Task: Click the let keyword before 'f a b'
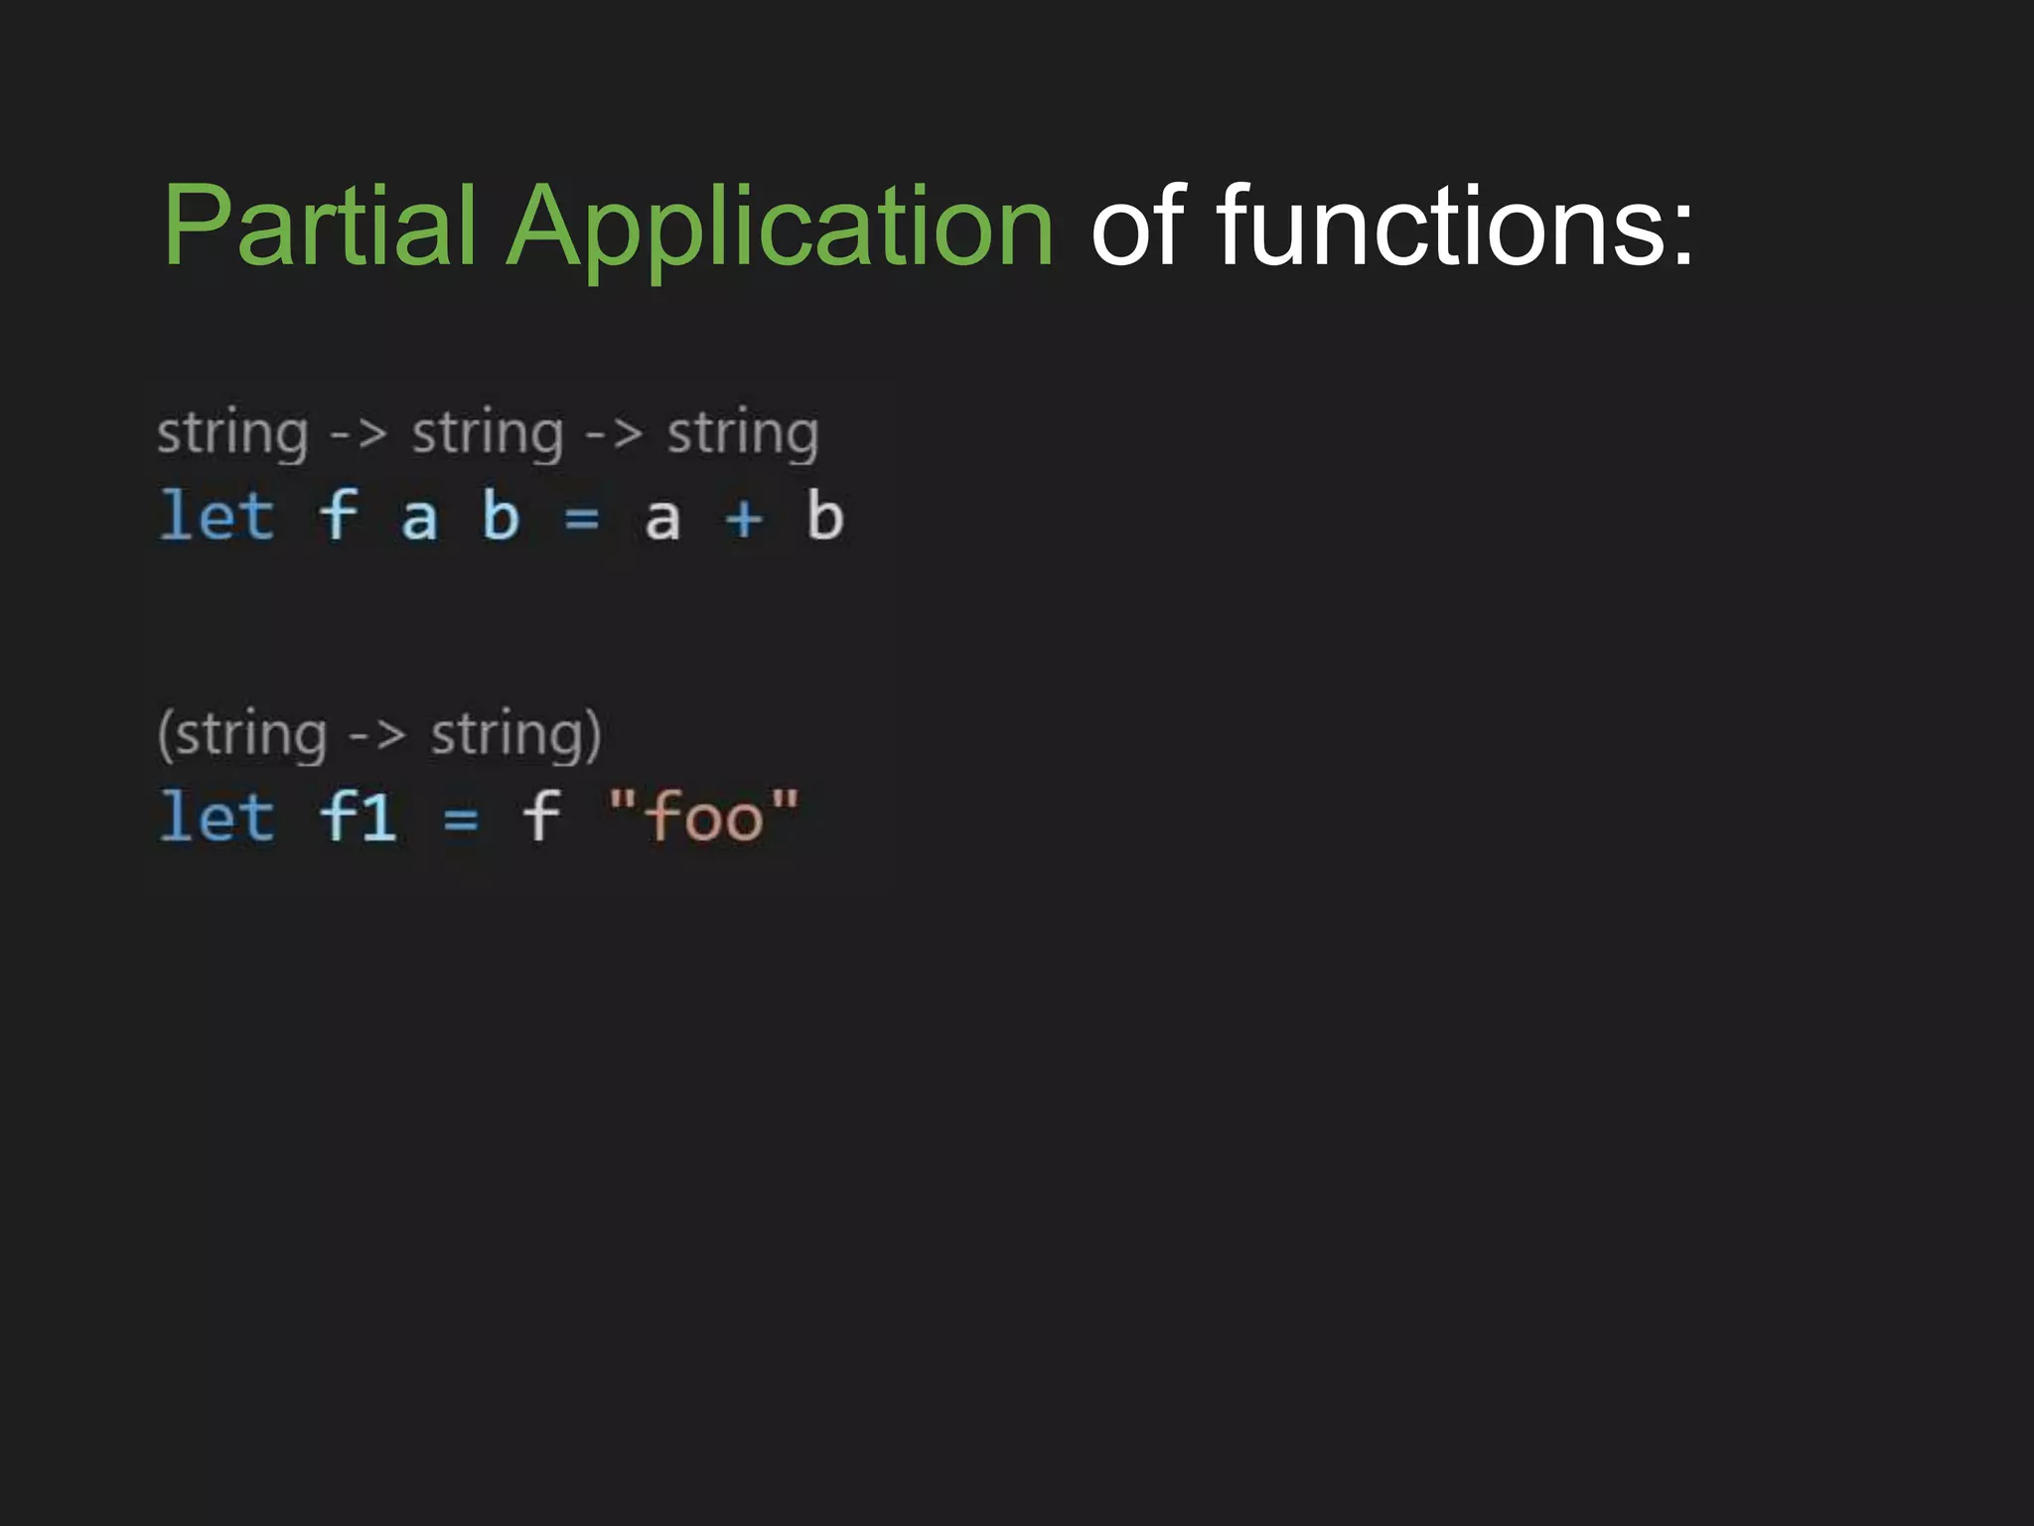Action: click(x=217, y=516)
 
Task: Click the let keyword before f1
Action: click(x=217, y=817)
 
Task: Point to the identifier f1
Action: click(x=359, y=817)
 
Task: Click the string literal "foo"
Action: click(x=703, y=817)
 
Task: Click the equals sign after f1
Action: click(x=461, y=821)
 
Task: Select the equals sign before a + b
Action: click(x=582, y=519)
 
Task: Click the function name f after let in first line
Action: click(x=339, y=516)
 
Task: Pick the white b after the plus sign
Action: click(x=824, y=516)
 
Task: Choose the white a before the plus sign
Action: click(x=662, y=520)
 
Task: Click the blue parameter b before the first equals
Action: click(x=501, y=516)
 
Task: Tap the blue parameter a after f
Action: click(x=419, y=520)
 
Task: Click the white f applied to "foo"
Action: click(x=541, y=817)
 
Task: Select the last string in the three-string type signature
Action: click(x=743, y=434)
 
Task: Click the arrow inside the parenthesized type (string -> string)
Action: click(x=377, y=736)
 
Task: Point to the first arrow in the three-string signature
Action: click(x=359, y=434)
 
